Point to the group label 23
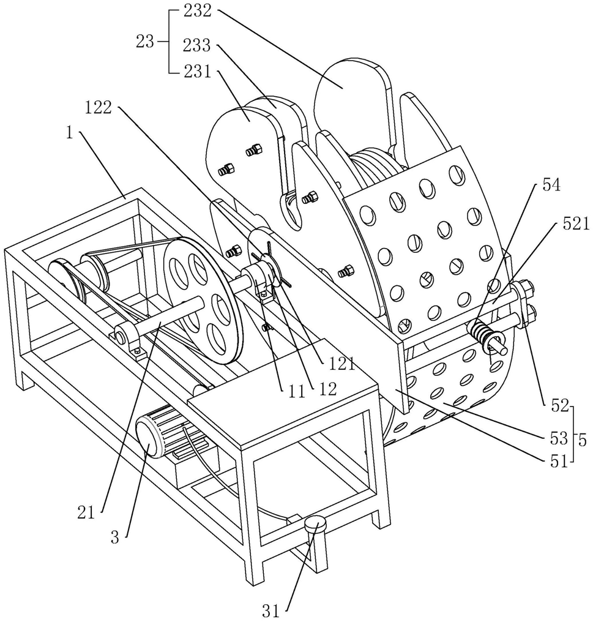point(145,42)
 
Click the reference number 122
point(97,108)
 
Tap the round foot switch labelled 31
point(316,524)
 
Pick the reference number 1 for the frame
point(70,133)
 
